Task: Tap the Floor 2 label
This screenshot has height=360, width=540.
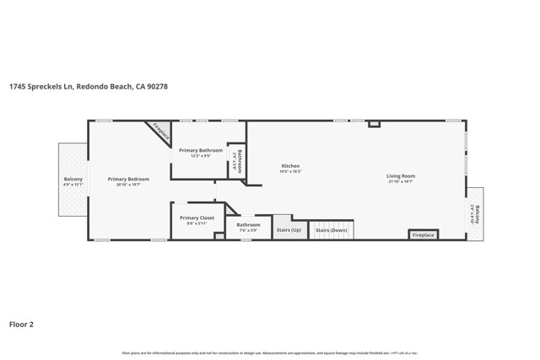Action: [21, 323]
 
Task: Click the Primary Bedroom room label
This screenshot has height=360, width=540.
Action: [128, 179]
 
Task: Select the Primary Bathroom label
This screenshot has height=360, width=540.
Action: [201, 150]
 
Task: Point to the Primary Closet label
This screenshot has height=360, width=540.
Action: [197, 218]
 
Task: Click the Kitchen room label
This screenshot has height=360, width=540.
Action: [290, 166]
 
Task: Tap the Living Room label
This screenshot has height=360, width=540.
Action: [402, 176]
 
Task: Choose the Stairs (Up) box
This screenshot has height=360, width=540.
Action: [289, 230]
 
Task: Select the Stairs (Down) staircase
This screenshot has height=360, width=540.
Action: [332, 230]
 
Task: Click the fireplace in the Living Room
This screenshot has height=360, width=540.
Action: [423, 234]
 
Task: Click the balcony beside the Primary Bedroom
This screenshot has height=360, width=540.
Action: [73, 180]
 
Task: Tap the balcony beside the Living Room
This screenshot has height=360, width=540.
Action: [475, 213]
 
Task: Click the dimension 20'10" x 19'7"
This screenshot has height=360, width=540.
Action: [128, 185]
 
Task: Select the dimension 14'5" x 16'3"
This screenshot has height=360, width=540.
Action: [290, 172]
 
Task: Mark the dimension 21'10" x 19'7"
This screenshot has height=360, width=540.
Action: [402, 182]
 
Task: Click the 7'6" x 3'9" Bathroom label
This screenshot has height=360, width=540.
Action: [248, 225]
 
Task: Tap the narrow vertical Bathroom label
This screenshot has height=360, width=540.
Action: [239, 160]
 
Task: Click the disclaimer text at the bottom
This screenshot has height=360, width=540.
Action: [270, 353]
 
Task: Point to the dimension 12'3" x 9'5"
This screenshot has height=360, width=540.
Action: [201, 156]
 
